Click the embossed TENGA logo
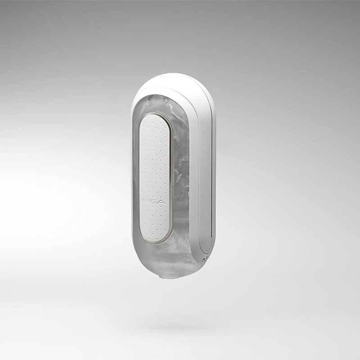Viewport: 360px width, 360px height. [x=153, y=202]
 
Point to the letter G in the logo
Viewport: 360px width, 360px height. [x=154, y=202]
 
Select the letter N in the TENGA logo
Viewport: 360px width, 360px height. [x=149, y=202]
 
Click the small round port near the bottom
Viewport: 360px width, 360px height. [x=203, y=260]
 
